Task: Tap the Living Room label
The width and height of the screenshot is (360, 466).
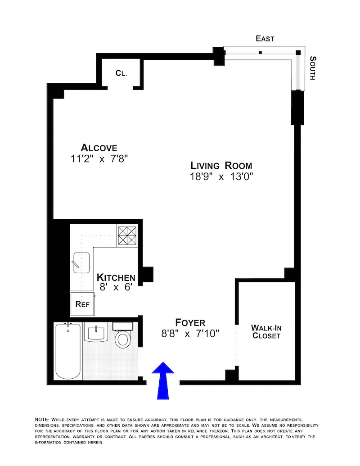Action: coord(221,165)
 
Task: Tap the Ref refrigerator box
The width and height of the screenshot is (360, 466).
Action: coord(82,304)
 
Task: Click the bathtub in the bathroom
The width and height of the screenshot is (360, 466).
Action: coord(68,351)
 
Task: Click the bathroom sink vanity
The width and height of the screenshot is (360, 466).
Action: coord(96,333)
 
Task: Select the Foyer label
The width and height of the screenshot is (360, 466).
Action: coord(190,322)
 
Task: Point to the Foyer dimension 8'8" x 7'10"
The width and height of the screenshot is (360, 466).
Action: coord(190,334)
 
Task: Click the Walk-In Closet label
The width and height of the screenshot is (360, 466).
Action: coord(266,332)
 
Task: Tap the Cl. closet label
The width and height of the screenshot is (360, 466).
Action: coord(121,72)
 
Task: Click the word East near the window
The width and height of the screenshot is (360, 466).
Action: coord(265,39)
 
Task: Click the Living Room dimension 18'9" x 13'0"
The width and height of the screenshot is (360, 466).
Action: coord(221,176)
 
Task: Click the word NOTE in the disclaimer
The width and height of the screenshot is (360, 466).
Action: coord(43,419)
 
